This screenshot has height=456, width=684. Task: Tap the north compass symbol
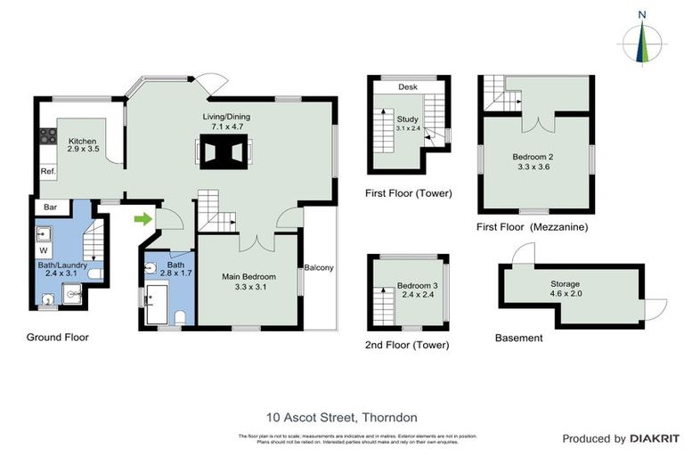click(x=643, y=39)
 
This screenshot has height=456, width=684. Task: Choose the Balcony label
click(x=318, y=267)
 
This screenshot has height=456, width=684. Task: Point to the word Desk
click(x=408, y=87)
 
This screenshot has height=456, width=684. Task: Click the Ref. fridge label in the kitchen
click(x=47, y=171)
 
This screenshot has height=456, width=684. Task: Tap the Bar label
click(x=51, y=208)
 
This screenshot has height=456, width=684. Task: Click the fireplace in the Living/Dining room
click(x=221, y=154)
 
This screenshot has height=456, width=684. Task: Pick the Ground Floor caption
click(x=57, y=338)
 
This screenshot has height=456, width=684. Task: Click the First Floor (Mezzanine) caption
click(x=532, y=227)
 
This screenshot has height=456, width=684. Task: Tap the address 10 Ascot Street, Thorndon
click(x=342, y=417)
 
